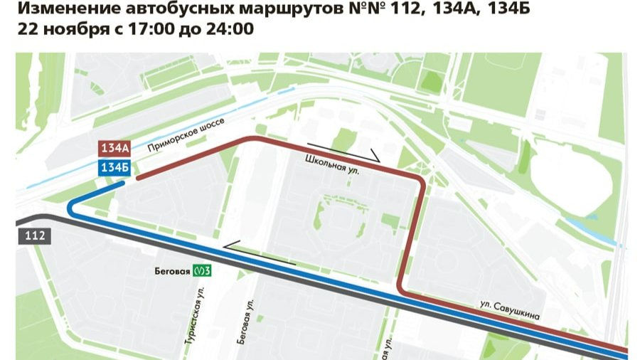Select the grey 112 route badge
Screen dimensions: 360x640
pyautogui.click(x=34, y=235)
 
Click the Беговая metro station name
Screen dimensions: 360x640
pyautogui.click(x=172, y=270)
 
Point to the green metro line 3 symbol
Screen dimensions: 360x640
pyautogui.click(x=203, y=270)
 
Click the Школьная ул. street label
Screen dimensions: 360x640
pyautogui.click(x=334, y=166)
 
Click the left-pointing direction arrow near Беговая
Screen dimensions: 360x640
pyautogui.click(x=260, y=251)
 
